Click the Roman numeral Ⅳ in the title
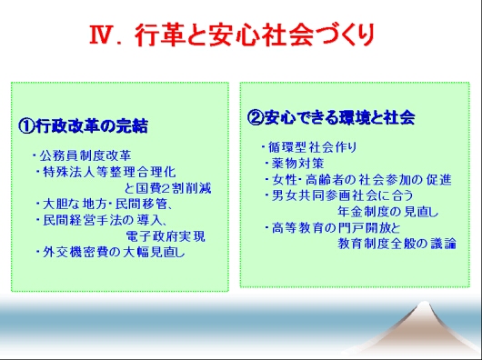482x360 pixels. tap(100, 35)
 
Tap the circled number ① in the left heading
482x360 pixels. tap(26, 126)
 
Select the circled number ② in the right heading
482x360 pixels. tap(256, 117)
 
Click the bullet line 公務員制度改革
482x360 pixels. tap(85, 155)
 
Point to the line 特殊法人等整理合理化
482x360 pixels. tap(109, 172)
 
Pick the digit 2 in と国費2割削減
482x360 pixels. tap(166, 188)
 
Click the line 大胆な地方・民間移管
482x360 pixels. tap(105, 205)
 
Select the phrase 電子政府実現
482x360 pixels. tap(166, 236)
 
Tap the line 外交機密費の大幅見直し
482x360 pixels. tap(114, 253)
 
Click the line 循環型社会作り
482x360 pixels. tap(313, 147)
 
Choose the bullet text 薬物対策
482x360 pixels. tap(298, 163)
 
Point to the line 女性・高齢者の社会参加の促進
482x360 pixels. tap(362, 180)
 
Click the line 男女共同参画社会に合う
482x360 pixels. tap(343, 195)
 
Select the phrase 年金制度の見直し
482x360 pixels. tap(388, 212)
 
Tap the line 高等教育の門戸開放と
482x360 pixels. tap(336, 228)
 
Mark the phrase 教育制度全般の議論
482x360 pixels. tap(397, 244)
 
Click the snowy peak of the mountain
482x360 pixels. tap(424, 305)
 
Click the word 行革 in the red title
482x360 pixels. tap(160, 35)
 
